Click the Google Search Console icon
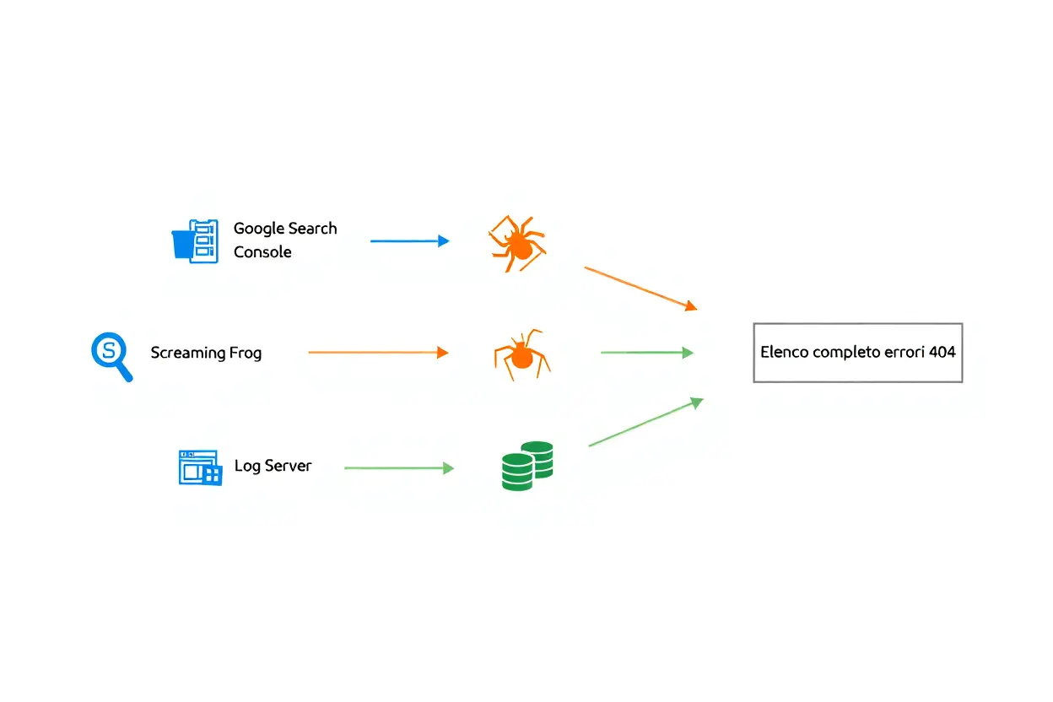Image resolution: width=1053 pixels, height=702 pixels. (x=195, y=241)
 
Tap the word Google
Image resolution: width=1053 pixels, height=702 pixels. (x=259, y=229)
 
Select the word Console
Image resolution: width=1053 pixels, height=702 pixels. (x=262, y=252)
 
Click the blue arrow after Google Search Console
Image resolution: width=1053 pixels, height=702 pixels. (x=410, y=241)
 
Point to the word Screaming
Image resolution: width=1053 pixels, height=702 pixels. (x=188, y=353)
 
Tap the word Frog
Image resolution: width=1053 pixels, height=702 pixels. (x=246, y=353)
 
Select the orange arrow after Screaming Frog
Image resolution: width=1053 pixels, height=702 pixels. (x=378, y=353)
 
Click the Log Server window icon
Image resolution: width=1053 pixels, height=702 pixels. (x=200, y=467)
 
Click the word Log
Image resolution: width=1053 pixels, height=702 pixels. (x=247, y=466)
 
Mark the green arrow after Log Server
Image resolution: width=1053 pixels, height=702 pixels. (x=399, y=467)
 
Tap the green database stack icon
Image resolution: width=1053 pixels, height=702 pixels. (x=526, y=466)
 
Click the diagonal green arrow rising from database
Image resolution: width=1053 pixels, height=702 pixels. (x=645, y=422)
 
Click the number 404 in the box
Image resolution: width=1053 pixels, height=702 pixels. (x=942, y=352)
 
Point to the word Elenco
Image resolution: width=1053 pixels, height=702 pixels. (x=784, y=352)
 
